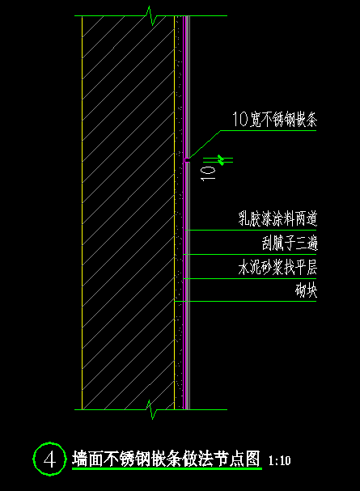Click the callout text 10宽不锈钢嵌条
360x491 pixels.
click(x=274, y=119)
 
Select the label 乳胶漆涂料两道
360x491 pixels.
click(x=277, y=218)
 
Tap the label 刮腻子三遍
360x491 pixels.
click(x=290, y=243)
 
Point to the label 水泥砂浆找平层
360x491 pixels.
click(x=277, y=267)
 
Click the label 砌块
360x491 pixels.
click(x=306, y=290)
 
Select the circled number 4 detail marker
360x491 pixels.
click(x=50, y=459)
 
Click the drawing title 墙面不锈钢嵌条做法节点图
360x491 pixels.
click(x=166, y=459)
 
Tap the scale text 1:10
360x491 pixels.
click(x=280, y=460)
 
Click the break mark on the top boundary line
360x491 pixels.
click(x=152, y=15)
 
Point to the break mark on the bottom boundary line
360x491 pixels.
click(x=152, y=409)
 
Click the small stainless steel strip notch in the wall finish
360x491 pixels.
click(x=187, y=160)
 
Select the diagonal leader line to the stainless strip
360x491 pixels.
click(x=205, y=144)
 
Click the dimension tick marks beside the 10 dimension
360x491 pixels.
click(x=222, y=160)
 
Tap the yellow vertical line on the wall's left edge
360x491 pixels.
click(x=82, y=213)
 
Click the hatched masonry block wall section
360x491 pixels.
click(x=128, y=213)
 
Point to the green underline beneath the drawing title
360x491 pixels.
click(x=167, y=469)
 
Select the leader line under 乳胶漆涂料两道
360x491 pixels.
click(x=252, y=231)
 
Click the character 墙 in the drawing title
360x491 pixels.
click(x=79, y=459)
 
